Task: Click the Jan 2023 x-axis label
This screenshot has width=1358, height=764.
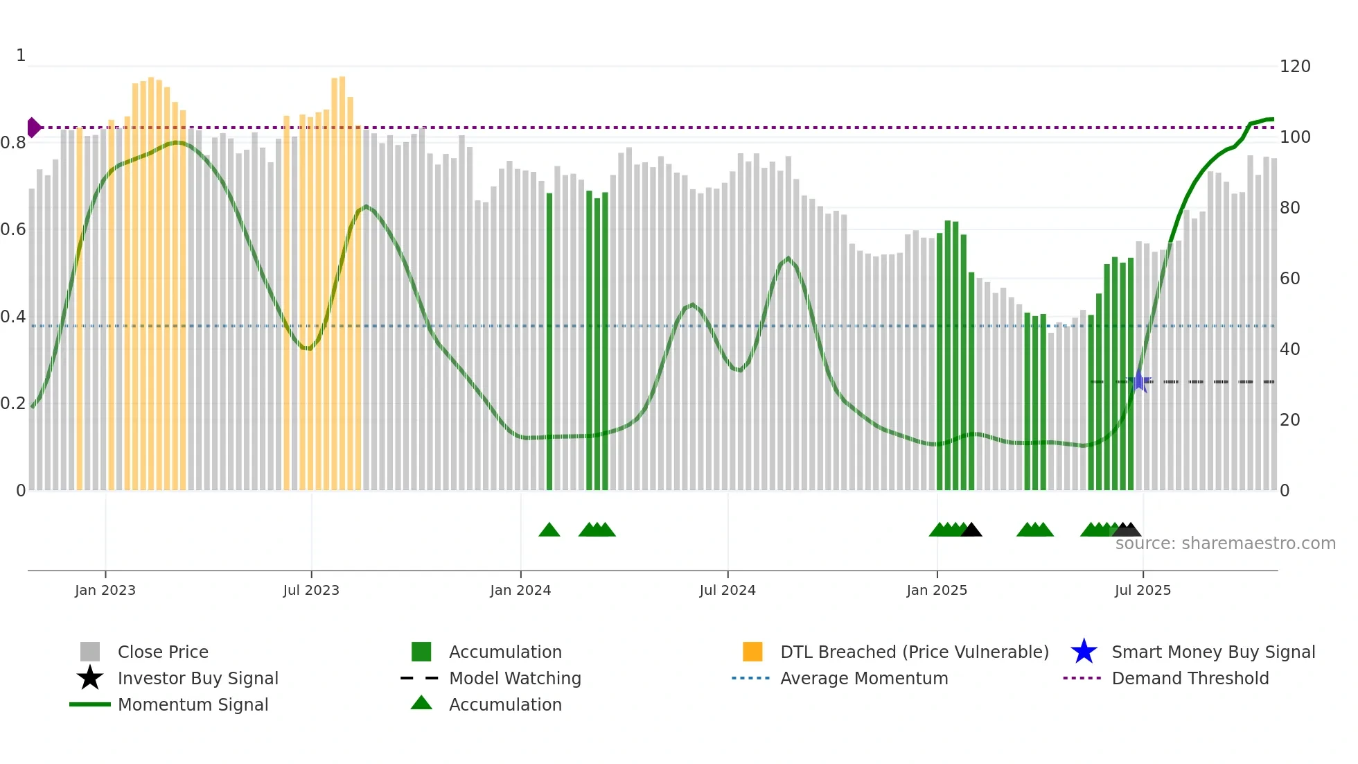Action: (105, 590)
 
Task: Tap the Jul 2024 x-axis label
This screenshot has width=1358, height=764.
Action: (727, 590)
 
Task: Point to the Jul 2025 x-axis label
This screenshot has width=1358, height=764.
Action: (1143, 590)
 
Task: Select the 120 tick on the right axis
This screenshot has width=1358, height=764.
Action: (1294, 67)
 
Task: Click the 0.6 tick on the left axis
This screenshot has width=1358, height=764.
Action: (13, 229)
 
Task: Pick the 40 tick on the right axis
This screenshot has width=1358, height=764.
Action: (1289, 349)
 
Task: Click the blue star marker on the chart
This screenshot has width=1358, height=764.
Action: (1138, 381)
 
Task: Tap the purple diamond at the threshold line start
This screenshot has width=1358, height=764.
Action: (33, 128)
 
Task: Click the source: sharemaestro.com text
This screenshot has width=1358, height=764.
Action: (1225, 544)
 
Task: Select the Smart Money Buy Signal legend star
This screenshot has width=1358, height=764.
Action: (1084, 652)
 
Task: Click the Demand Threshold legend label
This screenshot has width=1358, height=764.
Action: (1190, 678)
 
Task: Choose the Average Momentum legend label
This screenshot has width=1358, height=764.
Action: (863, 678)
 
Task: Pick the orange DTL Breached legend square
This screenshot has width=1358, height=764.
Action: (752, 652)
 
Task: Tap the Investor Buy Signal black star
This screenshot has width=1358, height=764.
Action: (90, 678)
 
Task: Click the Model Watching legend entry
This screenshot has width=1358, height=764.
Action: (514, 678)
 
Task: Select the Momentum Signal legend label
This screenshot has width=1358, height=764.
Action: (193, 704)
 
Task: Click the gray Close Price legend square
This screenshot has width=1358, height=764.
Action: (90, 652)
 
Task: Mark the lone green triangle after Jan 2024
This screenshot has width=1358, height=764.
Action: (549, 530)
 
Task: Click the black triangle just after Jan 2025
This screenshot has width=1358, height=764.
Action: (971, 530)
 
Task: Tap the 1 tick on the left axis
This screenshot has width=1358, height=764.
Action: (21, 55)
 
